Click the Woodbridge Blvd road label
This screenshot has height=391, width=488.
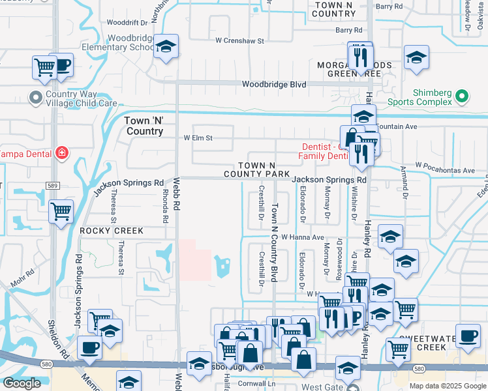coord(273,85)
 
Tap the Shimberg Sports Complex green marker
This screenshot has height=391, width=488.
coord(462,97)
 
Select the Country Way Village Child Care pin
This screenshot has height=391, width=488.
coord(35,98)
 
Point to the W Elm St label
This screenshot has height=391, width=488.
coord(198,138)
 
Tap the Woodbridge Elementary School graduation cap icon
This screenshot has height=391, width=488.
coord(166,46)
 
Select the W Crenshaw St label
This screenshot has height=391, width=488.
coord(240,40)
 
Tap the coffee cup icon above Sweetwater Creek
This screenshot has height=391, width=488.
coord(467,337)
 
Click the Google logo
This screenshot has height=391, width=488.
coord(22,383)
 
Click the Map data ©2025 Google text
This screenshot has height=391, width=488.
coord(447,386)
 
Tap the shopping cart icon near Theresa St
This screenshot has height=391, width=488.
coord(61,211)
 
